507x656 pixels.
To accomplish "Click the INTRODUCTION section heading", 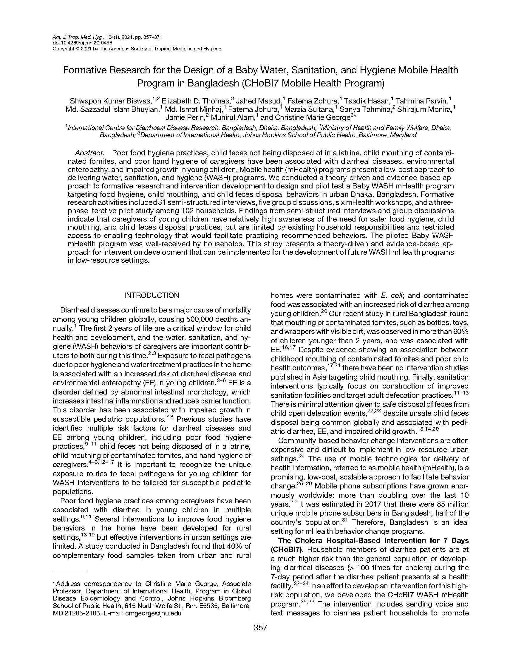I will [152, 295].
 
